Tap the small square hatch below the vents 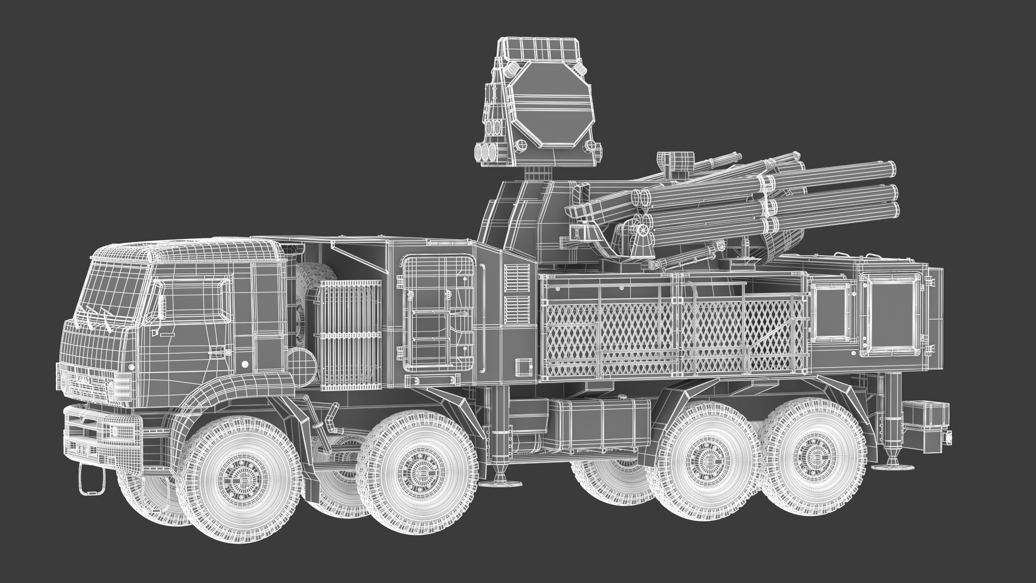click(x=523, y=365)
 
